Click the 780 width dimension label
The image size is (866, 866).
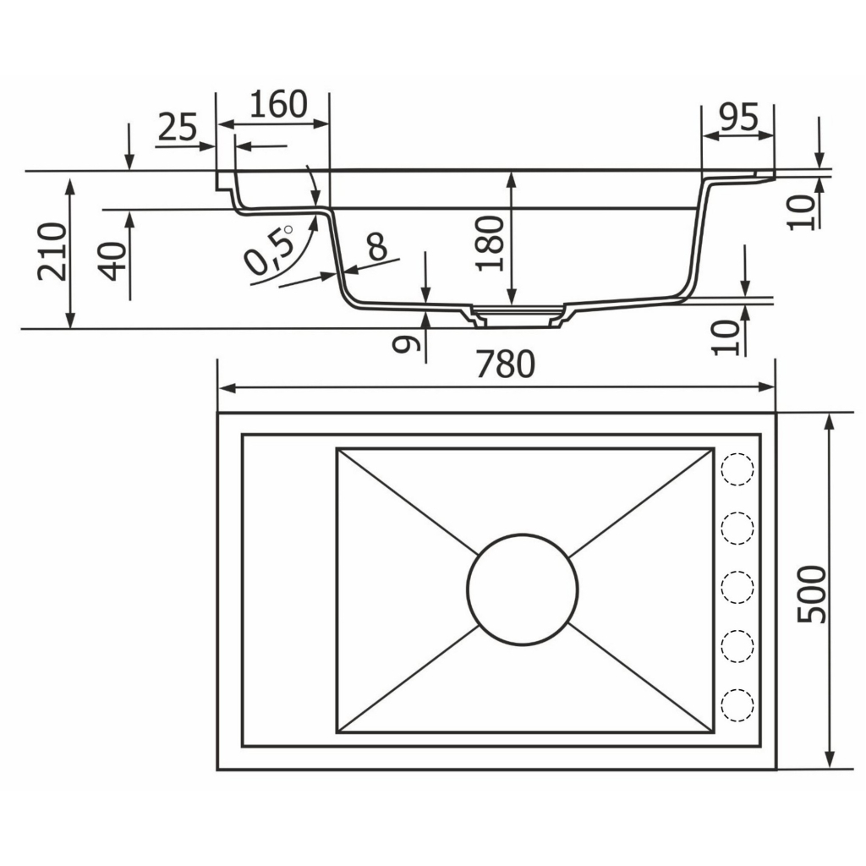coord(505,364)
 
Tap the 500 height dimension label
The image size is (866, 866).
coord(812,594)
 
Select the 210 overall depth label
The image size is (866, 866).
coord(52,251)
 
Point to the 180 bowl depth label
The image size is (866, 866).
coord(490,244)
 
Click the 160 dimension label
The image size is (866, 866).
coord(278,104)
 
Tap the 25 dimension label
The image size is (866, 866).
coord(178,127)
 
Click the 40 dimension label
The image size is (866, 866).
coord(114,262)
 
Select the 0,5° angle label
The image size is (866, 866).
coord(270,249)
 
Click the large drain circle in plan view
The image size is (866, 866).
coord(523,589)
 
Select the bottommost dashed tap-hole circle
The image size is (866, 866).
coord(737,704)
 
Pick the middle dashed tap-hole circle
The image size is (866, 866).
coord(737,587)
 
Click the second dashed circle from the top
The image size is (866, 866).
coord(737,528)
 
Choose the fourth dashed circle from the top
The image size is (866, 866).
coord(737,645)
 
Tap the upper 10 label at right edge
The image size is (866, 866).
coord(801,211)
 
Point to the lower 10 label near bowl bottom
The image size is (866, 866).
coord(725,337)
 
